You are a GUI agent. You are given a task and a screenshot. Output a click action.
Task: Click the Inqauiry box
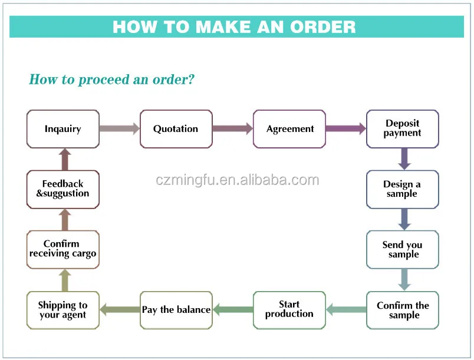pyautogui.click(x=63, y=129)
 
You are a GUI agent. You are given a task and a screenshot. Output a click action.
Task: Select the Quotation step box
pyautogui.click(x=176, y=129)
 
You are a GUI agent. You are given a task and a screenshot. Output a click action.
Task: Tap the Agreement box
pyautogui.click(x=289, y=129)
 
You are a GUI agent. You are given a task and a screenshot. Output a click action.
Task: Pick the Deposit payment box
pyautogui.click(x=403, y=128)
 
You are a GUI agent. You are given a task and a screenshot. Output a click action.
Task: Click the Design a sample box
pyautogui.click(x=403, y=189)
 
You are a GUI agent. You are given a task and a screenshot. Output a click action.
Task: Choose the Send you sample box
pyautogui.click(x=403, y=250)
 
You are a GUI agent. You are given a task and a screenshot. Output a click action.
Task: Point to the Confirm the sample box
pyautogui.click(x=403, y=310)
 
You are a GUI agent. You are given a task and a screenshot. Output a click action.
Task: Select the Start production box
pyautogui.click(x=289, y=309)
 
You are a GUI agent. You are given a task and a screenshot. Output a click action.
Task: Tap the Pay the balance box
pyautogui.click(x=176, y=310)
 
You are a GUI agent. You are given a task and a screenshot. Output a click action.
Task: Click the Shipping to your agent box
pyautogui.click(x=63, y=310)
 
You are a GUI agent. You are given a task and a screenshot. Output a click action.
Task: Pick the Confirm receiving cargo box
pyautogui.click(x=63, y=249)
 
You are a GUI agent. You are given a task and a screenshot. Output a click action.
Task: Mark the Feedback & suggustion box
pyautogui.click(x=63, y=189)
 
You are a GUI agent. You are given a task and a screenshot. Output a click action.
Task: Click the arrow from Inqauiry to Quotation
pyautogui.click(x=119, y=128)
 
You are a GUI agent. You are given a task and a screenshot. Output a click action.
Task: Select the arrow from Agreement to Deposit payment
pyautogui.click(x=345, y=128)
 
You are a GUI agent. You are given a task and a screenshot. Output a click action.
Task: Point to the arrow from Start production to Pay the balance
pyautogui.click(x=232, y=309)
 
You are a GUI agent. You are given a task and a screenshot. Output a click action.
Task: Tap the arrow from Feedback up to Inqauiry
pyautogui.click(x=65, y=159)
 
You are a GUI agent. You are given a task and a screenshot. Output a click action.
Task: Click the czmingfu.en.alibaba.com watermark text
pyautogui.click(x=237, y=180)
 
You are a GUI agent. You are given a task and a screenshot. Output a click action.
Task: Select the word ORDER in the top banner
pyautogui.click(x=322, y=27)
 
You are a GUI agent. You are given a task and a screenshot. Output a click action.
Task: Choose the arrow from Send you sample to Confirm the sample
pyautogui.click(x=404, y=279)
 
